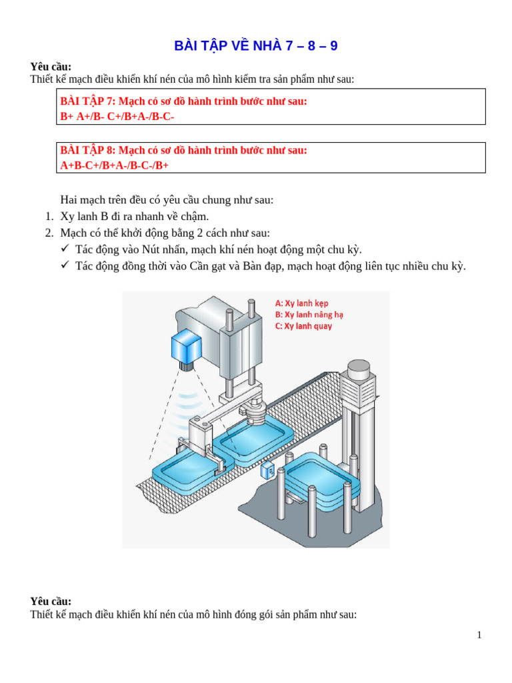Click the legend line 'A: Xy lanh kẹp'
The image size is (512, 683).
pyautogui.click(x=302, y=303)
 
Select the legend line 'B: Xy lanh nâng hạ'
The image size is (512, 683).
pyautogui.click(x=309, y=314)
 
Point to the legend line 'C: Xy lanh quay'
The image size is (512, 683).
pyautogui.click(x=303, y=326)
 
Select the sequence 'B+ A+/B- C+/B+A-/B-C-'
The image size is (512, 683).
pyautogui.click(x=117, y=116)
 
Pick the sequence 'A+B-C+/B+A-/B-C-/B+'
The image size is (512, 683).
pyautogui.click(x=115, y=165)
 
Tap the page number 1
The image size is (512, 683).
pyautogui.click(x=479, y=635)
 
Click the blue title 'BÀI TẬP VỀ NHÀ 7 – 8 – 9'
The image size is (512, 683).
pyautogui.click(x=255, y=46)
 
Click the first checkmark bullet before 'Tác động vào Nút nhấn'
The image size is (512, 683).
pyautogui.click(x=65, y=249)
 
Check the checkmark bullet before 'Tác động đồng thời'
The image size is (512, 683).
pyautogui.click(x=65, y=266)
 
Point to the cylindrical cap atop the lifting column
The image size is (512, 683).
pyautogui.click(x=358, y=369)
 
